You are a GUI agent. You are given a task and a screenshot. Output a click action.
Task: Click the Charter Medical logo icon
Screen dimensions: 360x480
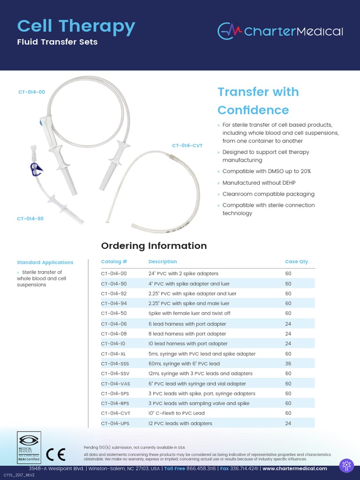tap(230, 31)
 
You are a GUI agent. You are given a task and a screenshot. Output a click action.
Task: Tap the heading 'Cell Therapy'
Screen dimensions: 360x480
tap(76, 26)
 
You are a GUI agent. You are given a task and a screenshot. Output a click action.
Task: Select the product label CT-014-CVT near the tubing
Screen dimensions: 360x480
tap(187, 146)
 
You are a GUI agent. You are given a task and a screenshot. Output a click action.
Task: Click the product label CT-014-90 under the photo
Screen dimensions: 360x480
tap(30, 218)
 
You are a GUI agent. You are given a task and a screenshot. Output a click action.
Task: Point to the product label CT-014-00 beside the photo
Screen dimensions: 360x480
tap(32, 92)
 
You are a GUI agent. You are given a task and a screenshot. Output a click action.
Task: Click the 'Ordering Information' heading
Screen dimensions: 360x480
tap(154, 246)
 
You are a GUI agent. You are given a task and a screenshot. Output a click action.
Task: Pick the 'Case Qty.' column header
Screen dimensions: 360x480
tap(297, 262)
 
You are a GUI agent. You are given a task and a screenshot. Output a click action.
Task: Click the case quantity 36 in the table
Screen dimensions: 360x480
tap(288, 364)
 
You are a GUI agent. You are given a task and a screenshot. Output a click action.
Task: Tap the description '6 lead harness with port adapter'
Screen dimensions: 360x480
tap(187, 324)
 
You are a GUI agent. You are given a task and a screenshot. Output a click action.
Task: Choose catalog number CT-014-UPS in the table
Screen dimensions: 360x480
tap(115, 423)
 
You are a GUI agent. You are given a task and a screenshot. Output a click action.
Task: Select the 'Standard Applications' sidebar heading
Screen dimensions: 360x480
tap(45, 262)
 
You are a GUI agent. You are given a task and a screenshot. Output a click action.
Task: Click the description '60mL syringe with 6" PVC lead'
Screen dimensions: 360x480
tap(184, 364)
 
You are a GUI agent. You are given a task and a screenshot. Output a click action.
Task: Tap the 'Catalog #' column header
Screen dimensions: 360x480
tap(114, 262)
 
